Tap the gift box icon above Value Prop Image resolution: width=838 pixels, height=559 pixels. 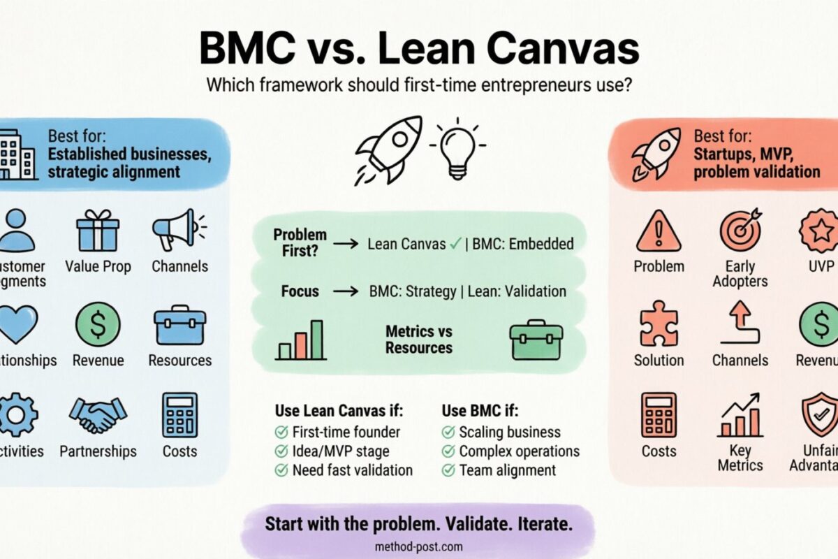tap(97, 230)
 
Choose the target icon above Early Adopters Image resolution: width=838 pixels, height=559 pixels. tap(740, 231)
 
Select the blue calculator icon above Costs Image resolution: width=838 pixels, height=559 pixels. tap(179, 415)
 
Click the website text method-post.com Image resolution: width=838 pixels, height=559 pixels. tap(418, 547)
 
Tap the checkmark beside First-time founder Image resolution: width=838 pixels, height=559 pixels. tap(281, 432)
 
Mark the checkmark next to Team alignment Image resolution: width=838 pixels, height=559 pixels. tap(448, 470)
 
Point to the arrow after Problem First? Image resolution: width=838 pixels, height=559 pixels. tap(344, 245)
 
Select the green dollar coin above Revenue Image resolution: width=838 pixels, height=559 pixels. tap(97, 324)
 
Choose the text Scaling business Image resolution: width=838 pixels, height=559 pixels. tap(510, 432)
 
